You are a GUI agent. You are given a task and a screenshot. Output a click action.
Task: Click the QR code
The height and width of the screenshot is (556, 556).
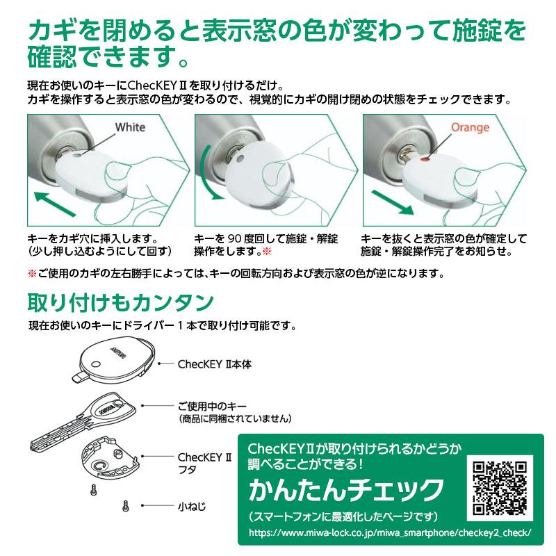500,488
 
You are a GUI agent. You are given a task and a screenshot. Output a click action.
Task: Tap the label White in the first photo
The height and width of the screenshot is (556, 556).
130,127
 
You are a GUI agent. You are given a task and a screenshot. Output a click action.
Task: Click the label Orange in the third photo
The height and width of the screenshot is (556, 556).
470,127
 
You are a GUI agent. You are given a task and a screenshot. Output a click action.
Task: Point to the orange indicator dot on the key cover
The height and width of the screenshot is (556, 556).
423,160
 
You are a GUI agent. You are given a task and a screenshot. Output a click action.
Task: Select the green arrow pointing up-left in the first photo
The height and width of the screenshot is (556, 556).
55,204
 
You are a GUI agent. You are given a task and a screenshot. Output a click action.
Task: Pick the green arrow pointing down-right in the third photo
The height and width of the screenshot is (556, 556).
393,202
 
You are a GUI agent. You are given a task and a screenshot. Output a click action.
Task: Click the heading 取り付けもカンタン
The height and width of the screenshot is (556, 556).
120,302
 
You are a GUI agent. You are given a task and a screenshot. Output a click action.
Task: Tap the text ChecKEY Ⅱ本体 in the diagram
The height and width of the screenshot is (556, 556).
215,364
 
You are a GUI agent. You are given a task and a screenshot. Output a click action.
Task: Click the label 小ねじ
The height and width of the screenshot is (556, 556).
192,506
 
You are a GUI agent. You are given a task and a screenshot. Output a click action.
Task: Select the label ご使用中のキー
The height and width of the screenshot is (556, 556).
212,406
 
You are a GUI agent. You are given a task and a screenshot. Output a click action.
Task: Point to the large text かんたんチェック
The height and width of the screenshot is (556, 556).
346,490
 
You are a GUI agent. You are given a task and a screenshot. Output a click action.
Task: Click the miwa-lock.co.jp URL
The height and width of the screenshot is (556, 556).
390,532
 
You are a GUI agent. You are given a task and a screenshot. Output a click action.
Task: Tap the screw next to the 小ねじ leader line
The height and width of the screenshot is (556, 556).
125,507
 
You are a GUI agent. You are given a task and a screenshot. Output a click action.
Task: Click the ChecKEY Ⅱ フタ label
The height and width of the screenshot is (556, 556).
204,464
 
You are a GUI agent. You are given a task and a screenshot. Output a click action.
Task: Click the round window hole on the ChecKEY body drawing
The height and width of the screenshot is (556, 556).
96,364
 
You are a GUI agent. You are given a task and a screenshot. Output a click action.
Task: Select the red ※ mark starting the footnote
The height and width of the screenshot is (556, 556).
32,273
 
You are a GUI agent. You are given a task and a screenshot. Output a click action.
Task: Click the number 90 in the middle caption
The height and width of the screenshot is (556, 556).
234,238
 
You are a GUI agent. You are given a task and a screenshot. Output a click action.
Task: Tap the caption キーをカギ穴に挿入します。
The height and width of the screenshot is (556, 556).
92,238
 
